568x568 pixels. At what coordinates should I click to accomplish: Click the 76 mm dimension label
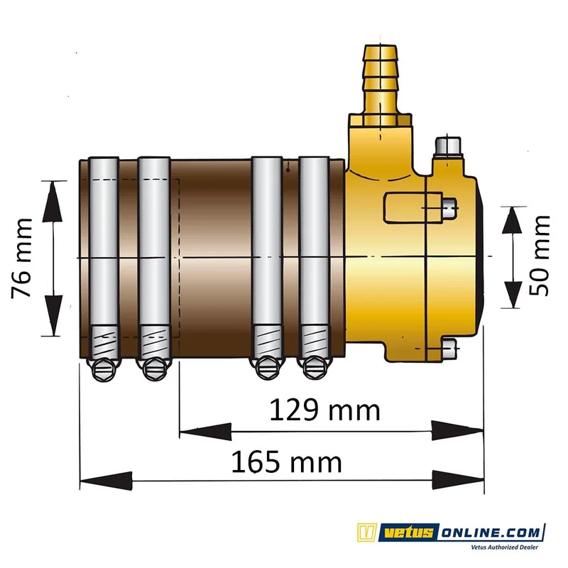[21, 258]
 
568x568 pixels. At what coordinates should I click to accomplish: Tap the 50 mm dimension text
[540, 256]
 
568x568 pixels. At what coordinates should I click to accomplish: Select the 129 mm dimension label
[325, 410]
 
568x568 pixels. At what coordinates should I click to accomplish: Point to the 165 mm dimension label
[286, 462]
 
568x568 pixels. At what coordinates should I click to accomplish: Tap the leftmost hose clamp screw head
[104, 368]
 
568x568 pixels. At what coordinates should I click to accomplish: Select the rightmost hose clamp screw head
[314, 368]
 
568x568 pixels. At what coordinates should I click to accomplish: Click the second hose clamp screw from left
[153, 368]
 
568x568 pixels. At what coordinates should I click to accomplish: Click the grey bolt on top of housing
[449, 147]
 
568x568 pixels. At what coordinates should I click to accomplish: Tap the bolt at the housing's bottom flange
[449, 349]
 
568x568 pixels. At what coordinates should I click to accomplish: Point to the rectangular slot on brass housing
[413, 207]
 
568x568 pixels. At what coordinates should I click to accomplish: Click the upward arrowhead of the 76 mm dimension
[52, 202]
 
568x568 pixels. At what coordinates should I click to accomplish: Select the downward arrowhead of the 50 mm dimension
[512, 294]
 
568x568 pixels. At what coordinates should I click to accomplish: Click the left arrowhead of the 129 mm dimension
[205, 432]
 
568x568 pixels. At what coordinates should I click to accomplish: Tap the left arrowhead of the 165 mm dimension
[106, 481]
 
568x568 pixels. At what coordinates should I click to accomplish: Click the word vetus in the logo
[409, 532]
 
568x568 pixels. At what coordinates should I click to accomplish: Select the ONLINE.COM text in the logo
[491, 532]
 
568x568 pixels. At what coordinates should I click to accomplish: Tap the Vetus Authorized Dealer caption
[504, 547]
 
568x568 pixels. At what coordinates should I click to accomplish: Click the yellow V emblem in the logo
[367, 532]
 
